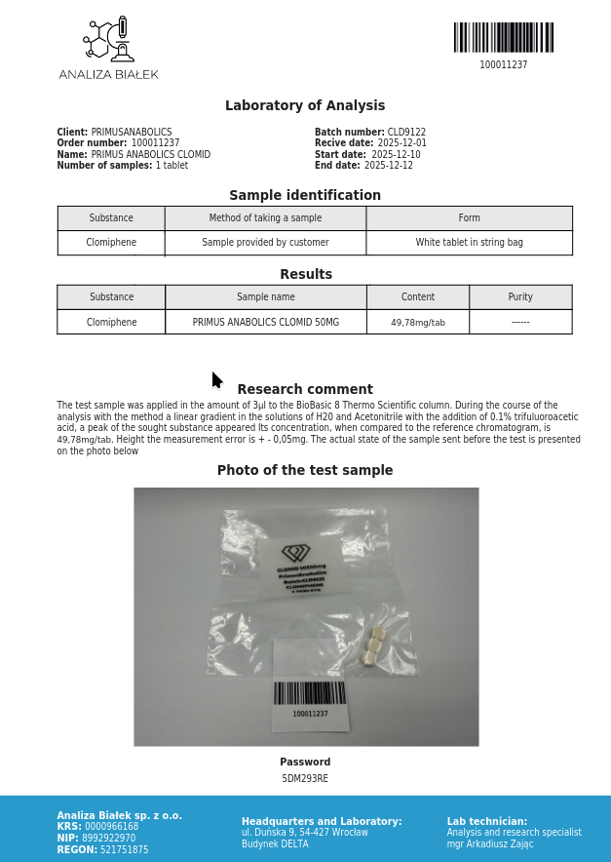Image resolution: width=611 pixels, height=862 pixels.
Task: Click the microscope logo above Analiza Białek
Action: click(108, 40)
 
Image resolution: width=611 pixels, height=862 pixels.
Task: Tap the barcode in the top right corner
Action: click(503, 38)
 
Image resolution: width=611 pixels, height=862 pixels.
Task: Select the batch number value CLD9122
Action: click(406, 133)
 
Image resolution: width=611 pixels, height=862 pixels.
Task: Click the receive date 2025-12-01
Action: click(401, 143)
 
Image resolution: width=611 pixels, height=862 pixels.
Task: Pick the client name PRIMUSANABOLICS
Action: click(132, 133)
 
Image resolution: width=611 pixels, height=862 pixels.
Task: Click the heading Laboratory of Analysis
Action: click(305, 106)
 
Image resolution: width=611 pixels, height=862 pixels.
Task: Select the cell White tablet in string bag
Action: click(469, 243)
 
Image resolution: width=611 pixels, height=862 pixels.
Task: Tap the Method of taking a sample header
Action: click(265, 218)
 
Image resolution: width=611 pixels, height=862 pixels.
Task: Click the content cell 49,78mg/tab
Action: click(418, 323)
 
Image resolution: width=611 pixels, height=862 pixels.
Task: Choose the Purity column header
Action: click(520, 297)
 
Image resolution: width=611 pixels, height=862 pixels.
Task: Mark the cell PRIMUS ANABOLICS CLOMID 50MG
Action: click(266, 323)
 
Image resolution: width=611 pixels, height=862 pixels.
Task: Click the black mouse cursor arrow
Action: click(216, 380)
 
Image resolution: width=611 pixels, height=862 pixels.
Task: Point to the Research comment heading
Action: click(305, 390)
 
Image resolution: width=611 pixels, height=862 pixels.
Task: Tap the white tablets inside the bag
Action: click(374, 646)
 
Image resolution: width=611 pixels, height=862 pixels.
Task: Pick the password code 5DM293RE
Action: click(305, 779)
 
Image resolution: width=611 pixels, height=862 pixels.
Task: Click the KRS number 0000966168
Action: click(112, 827)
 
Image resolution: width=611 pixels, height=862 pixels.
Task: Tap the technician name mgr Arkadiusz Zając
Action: click(490, 844)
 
